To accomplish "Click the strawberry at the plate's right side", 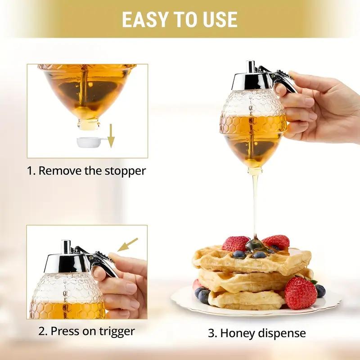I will [x=300, y=292].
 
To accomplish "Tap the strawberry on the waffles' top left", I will [x=235, y=243].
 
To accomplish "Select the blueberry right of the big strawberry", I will [x=320, y=291].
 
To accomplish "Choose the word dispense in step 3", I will [x=283, y=333].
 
